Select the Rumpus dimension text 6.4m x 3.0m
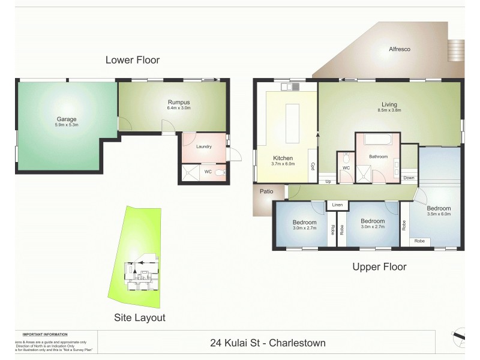(179, 109)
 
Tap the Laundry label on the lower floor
(204, 145)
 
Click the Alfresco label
(399, 49)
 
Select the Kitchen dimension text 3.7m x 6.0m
(283, 164)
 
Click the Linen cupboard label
(338, 206)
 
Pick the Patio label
(266, 192)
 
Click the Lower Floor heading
(132, 60)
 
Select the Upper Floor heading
(379, 267)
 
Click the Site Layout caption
(140, 318)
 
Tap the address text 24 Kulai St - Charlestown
(268, 343)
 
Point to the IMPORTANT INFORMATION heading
(45, 334)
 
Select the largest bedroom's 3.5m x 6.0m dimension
(438, 214)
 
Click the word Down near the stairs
(409, 178)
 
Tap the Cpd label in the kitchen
(313, 168)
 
